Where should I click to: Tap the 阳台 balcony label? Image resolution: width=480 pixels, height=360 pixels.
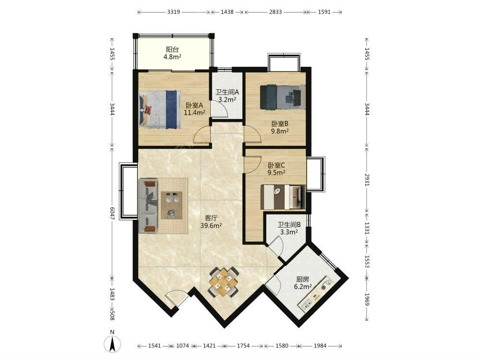(172, 49)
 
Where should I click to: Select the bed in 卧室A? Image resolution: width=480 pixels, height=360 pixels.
(159, 109)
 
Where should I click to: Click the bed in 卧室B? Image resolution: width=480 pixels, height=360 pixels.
(283, 97)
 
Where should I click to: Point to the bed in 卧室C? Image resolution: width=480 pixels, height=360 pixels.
(283, 197)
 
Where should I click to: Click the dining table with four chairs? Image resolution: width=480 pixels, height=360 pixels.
(224, 282)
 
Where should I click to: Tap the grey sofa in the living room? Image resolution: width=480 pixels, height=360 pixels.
(148, 206)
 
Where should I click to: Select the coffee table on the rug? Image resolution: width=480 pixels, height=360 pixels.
(171, 205)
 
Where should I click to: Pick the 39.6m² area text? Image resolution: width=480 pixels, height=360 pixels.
(211, 226)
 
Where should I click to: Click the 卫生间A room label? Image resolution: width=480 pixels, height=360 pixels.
(227, 92)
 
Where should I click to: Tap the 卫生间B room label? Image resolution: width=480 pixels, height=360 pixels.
(289, 225)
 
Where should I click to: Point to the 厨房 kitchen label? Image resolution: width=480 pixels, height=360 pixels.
(302, 279)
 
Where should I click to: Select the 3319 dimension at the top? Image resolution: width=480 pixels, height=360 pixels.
(174, 12)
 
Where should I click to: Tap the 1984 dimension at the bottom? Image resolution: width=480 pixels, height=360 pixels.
(320, 346)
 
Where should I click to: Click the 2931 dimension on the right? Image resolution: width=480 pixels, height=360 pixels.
(367, 180)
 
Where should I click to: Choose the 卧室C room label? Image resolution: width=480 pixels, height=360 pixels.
(276, 165)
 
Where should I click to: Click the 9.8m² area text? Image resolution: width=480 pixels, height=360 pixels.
(280, 132)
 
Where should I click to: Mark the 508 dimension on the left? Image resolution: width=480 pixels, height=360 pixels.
(112, 315)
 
